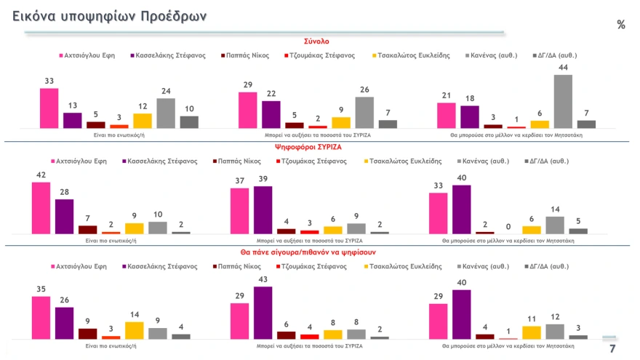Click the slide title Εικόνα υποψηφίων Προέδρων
(109, 16)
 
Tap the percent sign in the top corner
(620, 25)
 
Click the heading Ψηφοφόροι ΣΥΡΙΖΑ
(317, 146)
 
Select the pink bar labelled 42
(41, 208)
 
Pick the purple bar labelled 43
(263, 313)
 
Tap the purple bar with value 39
(263, 210)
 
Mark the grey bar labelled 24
(166, 113)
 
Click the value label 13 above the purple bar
(72, 106)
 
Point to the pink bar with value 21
(446, 115)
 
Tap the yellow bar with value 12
(143, 120)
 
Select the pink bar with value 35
(41, 317)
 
